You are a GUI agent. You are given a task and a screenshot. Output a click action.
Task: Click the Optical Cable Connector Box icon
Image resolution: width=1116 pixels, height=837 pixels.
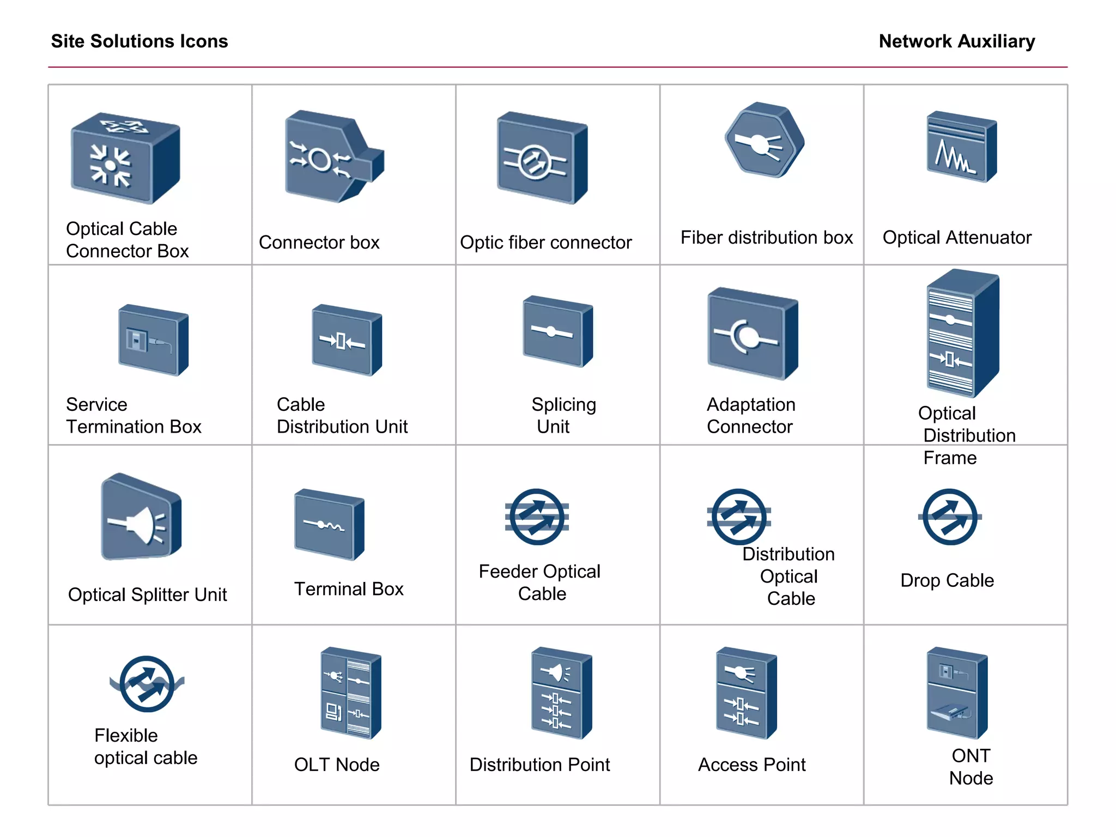pos(125,159)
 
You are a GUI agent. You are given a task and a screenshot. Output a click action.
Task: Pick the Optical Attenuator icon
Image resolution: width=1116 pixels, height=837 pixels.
pos(961,147)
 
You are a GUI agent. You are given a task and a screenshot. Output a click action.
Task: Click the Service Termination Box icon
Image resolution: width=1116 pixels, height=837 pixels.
pos(153,340)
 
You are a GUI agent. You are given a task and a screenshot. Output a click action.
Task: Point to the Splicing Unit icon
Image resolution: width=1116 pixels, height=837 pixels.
pos(557,331)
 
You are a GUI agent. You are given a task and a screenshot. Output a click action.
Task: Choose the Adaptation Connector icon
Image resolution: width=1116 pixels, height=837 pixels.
pos(752,333)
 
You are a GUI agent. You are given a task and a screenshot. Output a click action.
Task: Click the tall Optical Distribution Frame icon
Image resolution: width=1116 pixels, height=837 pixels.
pos(962,334)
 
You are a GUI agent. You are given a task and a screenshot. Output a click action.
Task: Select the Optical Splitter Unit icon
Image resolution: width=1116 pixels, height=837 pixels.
pos(141,518)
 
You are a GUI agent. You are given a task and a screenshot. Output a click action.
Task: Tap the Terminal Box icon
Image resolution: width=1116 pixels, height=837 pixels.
pos(329,525)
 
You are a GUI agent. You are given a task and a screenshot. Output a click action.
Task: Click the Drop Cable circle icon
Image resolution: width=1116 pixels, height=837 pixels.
pos(950,517)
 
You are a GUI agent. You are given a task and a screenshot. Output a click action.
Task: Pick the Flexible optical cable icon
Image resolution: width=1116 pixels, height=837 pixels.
pos(147,684)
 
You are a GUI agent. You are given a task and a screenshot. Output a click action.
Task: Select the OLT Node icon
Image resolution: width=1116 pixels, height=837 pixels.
pos(350,693)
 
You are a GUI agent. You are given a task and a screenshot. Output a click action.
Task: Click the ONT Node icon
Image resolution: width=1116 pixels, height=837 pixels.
pos(956,693)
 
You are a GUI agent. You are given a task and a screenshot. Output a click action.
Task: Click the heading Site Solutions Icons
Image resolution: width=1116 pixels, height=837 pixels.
pos(139,41)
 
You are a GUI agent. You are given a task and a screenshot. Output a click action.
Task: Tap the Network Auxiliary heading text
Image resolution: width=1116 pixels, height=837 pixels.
pos(956,41)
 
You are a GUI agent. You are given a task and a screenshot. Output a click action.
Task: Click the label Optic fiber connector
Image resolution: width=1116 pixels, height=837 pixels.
pos(545,242)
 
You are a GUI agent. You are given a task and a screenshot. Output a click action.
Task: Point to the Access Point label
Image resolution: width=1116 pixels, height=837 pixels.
pos(751,765)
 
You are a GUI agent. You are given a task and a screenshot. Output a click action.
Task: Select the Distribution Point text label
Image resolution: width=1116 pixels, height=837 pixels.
pos(539,765)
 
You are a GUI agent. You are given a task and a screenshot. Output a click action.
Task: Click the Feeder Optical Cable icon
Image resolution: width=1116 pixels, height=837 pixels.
pos(537,517)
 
